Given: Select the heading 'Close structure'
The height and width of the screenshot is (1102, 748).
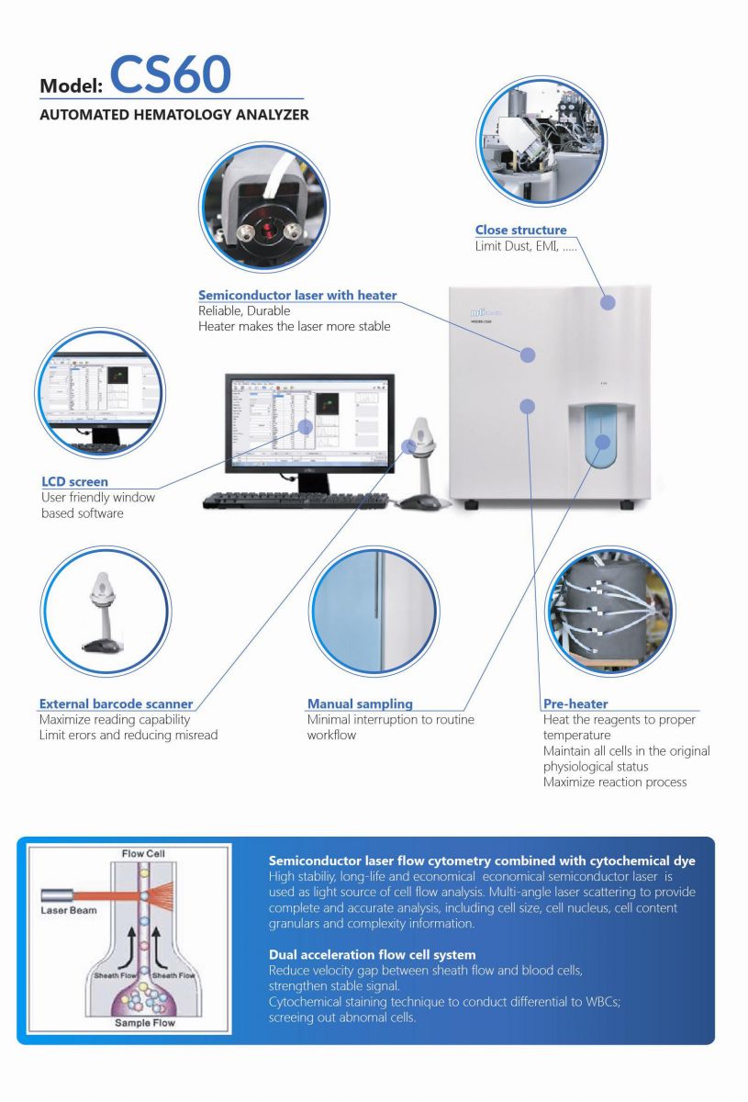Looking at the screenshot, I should click(x=520, y=230).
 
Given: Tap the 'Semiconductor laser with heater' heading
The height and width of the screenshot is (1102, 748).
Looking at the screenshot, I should click(x=297, y=296).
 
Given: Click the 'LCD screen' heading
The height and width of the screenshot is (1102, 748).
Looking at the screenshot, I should click(x=74, y=481).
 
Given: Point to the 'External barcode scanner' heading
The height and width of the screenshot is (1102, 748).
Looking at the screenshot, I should click(x=116, y=704).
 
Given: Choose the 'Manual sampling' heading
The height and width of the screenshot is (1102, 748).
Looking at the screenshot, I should click(x=360, y=704).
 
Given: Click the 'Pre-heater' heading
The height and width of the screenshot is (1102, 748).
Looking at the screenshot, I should click(x=575, y=704).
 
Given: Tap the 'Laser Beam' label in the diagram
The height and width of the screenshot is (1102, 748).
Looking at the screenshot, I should click(x=70, y=911).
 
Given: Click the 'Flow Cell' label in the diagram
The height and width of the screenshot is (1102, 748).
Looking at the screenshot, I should click(x=143, y=854).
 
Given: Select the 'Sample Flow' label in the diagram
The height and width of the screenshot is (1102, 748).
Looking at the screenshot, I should click(x=144, y=1022).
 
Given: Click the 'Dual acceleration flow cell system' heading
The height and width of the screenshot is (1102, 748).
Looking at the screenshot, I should click(x=372, y=955).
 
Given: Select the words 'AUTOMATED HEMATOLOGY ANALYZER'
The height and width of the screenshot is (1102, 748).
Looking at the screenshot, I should click(x=174, y=116).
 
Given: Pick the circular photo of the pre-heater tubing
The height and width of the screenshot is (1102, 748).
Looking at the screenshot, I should click(x=610, y=611).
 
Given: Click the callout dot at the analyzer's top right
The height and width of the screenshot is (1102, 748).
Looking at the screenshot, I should click(x=608, y=302).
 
